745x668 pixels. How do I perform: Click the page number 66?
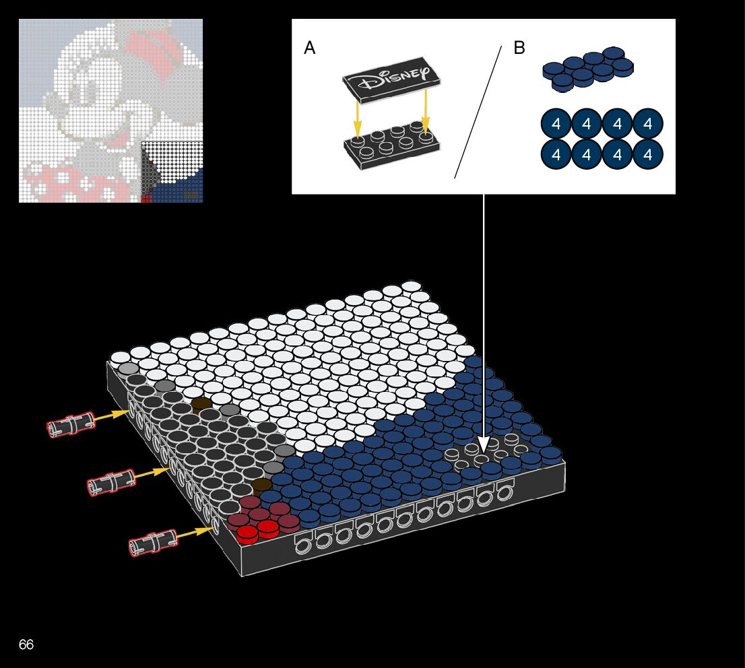pos(26,644)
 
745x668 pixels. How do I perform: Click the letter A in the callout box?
pos(310,48)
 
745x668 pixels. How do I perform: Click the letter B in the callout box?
pos(519,48)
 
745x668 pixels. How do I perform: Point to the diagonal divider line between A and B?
pos(478,112)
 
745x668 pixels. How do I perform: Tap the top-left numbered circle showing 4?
pos(556,124)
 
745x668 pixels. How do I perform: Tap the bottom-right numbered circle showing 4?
pos(648,155)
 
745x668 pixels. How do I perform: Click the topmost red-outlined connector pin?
pos(70,424)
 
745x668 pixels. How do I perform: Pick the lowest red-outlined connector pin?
pos(152,542)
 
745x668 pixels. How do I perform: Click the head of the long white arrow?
pos(483,445)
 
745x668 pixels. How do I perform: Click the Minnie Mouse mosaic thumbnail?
pos(111,111)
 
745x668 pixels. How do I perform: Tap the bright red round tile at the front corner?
pos(247,533)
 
